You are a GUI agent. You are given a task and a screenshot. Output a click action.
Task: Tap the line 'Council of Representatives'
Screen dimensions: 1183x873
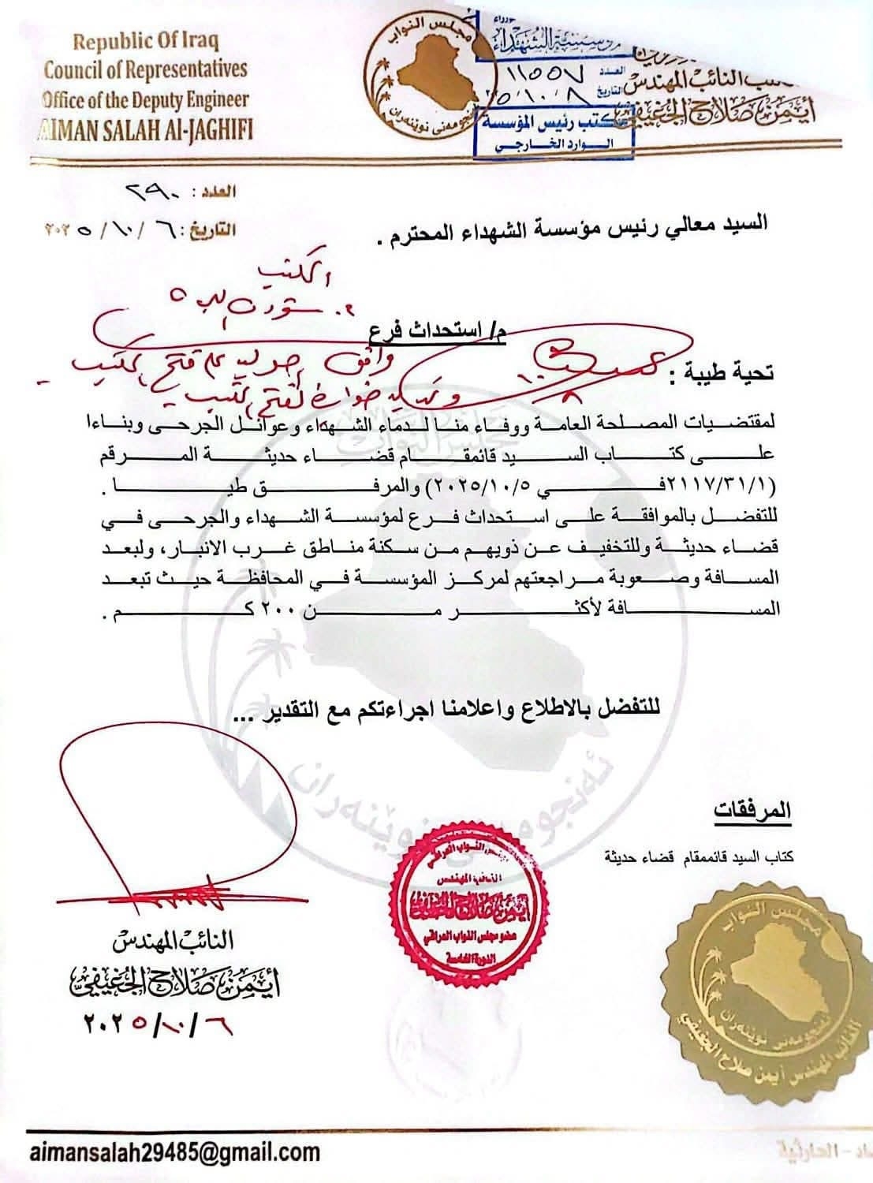click(x=145, y=69)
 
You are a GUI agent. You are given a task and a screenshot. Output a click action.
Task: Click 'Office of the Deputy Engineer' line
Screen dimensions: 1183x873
click(x=145, y=99)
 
